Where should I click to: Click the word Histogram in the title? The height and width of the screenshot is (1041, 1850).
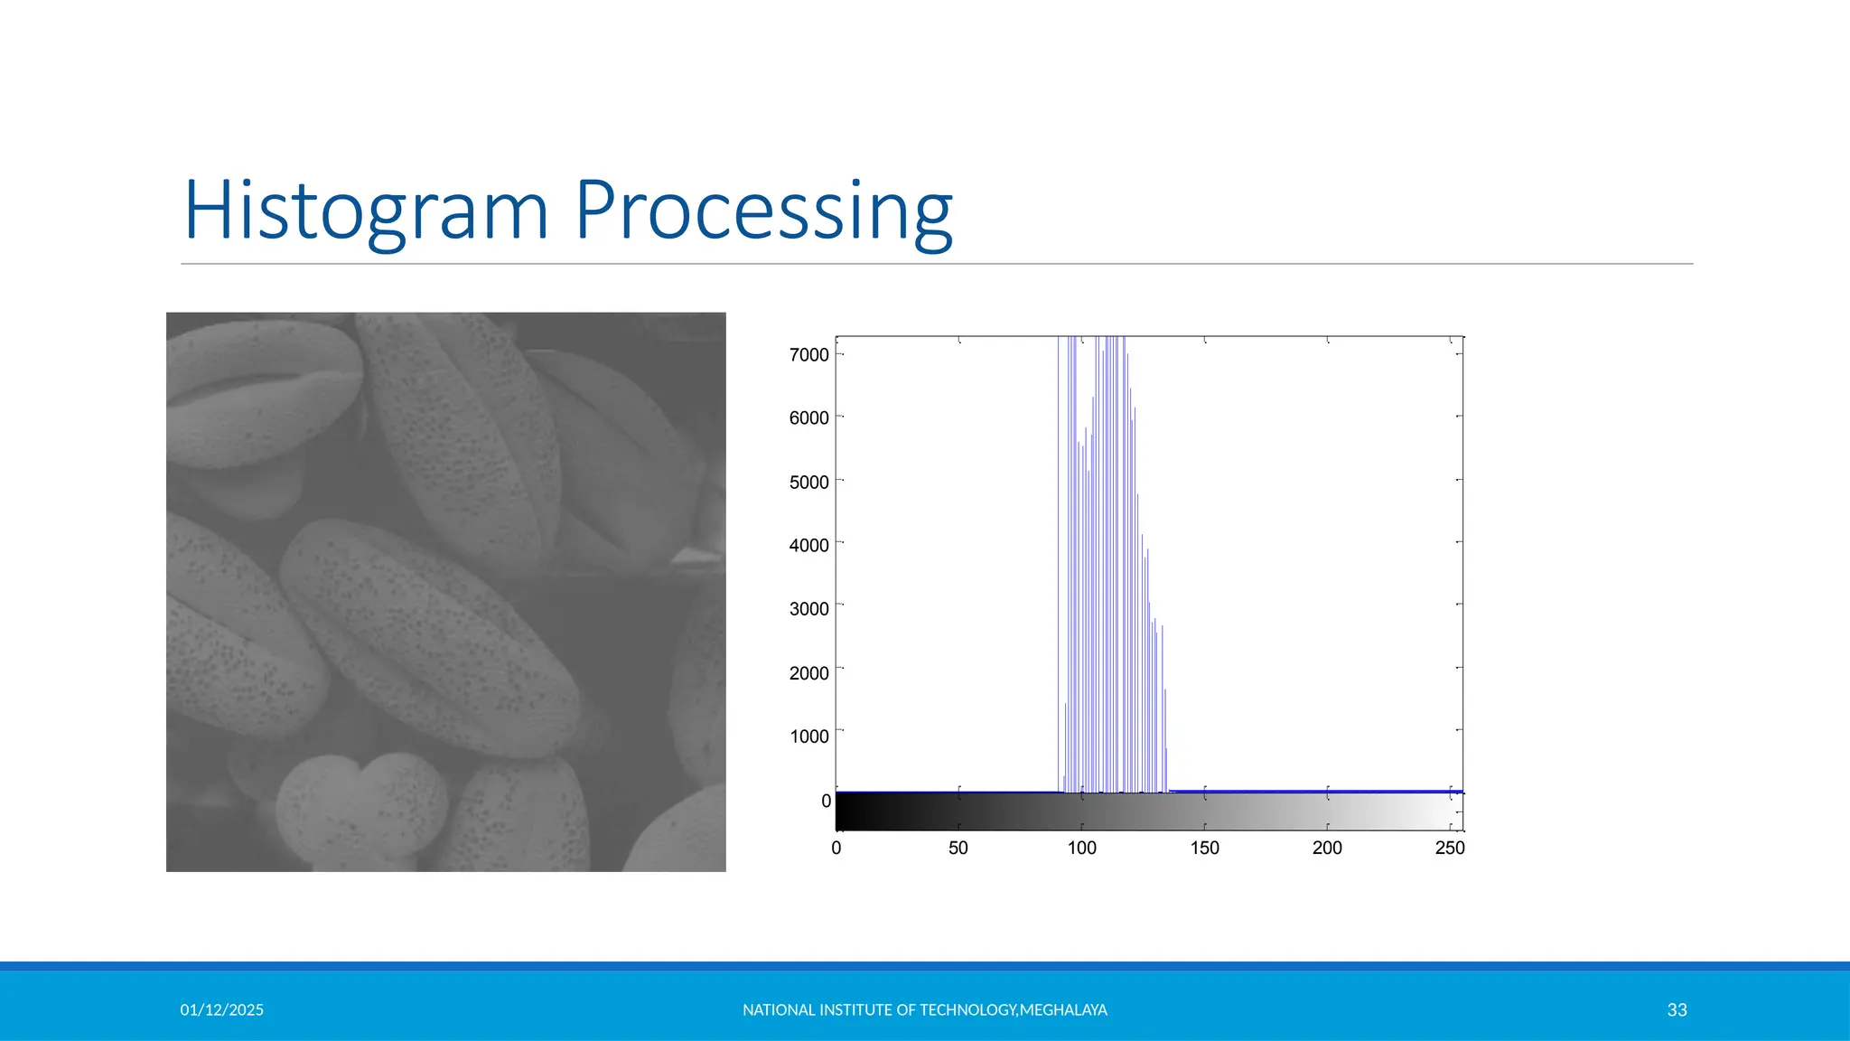click(x=366, y=211)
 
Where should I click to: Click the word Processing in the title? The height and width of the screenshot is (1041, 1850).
click(x=763, y=211)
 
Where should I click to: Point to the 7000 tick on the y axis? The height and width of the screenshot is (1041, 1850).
click(x=808, y=355)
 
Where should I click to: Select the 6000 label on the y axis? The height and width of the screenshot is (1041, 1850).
click(x=808, y=418)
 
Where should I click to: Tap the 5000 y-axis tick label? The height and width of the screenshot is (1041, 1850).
click(x=808, y=483)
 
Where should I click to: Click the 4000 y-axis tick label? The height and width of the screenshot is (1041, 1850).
click(x=808, y=546)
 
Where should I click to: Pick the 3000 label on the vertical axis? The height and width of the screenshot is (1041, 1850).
click(x=808, y=609)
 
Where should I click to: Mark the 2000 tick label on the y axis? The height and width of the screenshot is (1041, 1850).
click(x=808, y=673)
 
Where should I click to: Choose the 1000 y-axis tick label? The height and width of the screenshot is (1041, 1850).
click(x=808, y=736)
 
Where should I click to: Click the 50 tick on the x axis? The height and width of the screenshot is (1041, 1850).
click(x=958, y=849)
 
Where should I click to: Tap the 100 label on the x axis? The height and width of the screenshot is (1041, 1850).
click(x=1081, y=849)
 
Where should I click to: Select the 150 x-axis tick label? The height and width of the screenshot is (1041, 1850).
click(x=1204, y=849)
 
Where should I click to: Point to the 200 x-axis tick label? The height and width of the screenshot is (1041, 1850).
click(x=1327, y=849)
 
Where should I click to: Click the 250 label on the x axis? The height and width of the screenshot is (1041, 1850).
click(x=1450, y=849)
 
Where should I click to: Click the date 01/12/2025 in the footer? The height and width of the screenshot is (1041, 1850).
click(x=221, y=1010)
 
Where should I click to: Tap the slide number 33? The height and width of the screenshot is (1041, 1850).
click(x=1677, y=1010)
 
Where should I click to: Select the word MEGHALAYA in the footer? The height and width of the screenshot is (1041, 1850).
click(x=1063, y=1010)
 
